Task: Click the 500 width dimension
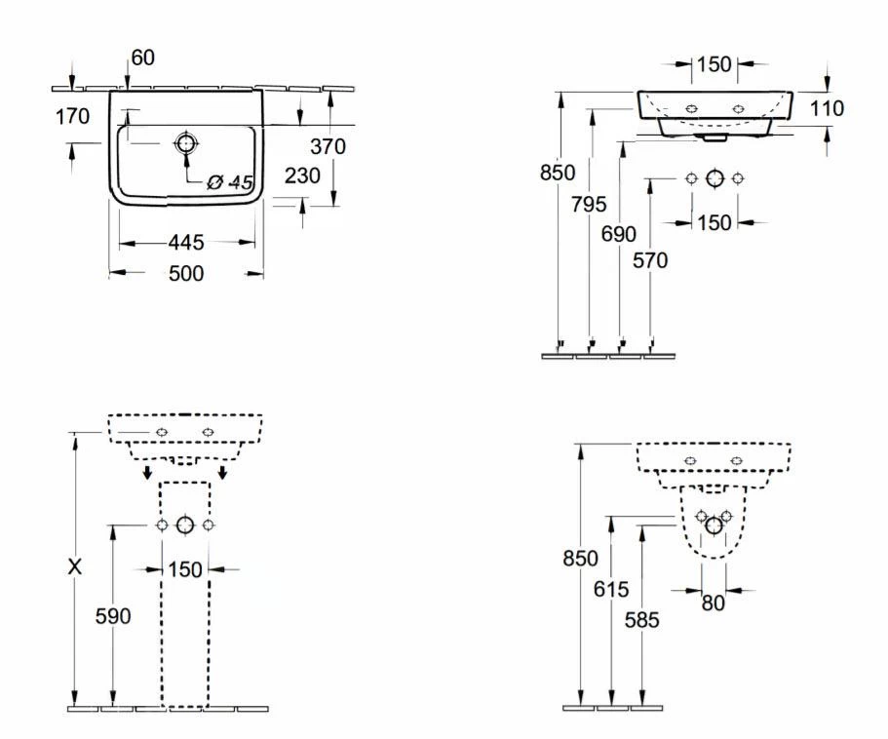click(x=185, y=274)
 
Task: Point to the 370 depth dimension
click(x=328, y=146)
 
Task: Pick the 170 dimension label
click(x=72, y=117)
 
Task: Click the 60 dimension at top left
click(x=142, y=58)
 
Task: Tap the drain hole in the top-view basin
click(x=185, y=144)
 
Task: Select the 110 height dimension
click(x=827, y=108)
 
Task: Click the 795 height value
click(x=589, y=205)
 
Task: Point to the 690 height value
click(x=619, y=234)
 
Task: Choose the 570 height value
click(x=650, y=260)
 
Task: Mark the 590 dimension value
click(x=113, y=616)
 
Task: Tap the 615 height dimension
click(x=611, y=590)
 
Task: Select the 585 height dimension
click(x=642, y=619)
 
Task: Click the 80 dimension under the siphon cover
click(x=714, y=603)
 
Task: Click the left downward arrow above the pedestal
click(x=145, y=473)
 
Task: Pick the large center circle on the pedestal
click(x=185, y=525)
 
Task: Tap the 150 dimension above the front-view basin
click(x=714, y=64)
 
